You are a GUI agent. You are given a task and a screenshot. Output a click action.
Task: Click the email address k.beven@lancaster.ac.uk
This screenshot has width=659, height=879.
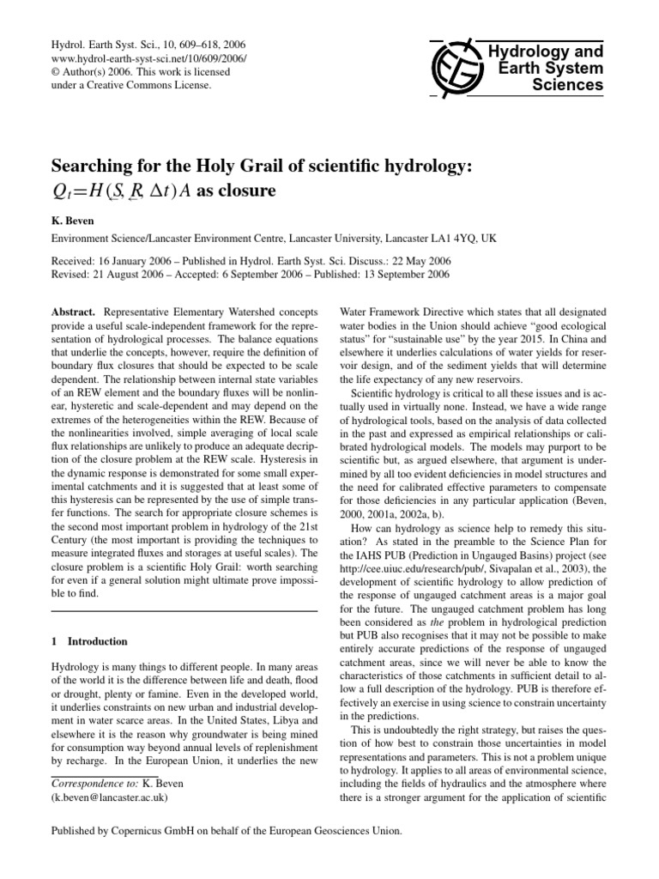(110, 796)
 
